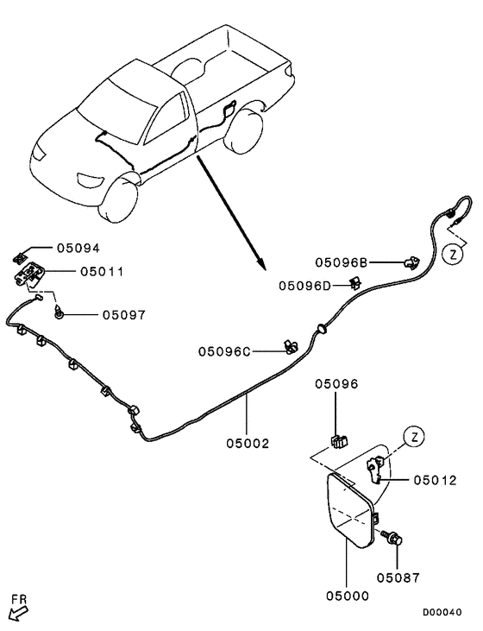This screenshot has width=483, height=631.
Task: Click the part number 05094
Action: [x=79, y=249]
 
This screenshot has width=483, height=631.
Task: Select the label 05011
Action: [x=102, y=271]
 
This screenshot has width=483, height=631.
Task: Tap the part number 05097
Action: [x=123, y=316]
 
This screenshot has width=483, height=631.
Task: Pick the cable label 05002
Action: [x=248, y=444]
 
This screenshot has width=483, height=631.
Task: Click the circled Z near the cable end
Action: [x=453, y=254]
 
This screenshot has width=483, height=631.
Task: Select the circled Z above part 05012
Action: [x=414, y=437]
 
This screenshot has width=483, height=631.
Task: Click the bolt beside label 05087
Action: [x=392, y=538]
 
